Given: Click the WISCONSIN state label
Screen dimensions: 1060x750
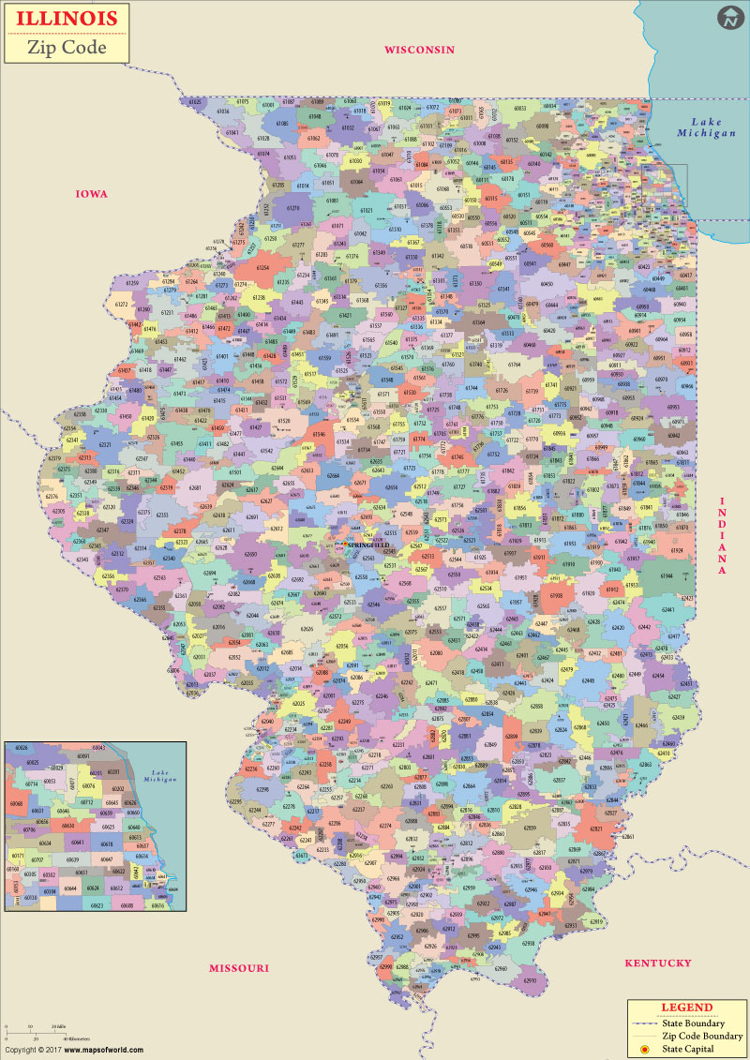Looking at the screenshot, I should coord(419,50).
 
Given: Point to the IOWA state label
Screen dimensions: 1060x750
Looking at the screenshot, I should coord(92,194).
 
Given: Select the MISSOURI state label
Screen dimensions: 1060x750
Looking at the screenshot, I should coord(238,967).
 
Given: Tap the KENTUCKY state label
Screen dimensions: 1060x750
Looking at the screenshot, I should coord(658,963).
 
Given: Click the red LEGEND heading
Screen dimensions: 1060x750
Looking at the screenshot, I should coord(686,1008).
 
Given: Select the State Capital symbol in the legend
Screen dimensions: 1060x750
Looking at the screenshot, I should coord(645,1048).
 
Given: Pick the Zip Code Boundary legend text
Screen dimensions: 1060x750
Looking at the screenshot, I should coord(701,1036).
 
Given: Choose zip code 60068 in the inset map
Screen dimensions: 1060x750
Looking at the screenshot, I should coord(17,804).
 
